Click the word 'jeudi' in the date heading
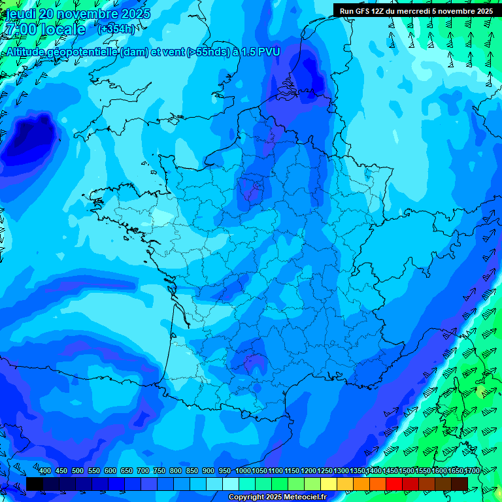tap(20, 14)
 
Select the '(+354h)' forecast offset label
tap(116, 29)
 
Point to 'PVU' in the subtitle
tap(267, 52)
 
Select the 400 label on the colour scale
tap(45, 471)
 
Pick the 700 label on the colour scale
tap(143, 471)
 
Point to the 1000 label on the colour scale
tap(243, 471)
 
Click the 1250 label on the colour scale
tap(325, 471)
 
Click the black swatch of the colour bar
tap(35, 483)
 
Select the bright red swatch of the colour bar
tap(394, 483)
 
